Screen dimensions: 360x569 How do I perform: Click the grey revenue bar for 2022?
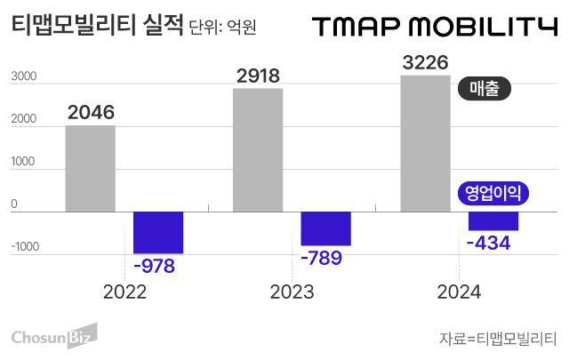[x=90, y=168]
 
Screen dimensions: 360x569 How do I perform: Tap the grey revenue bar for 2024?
[x=426, y=143]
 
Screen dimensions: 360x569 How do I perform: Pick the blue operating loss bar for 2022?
[x=158, y=232]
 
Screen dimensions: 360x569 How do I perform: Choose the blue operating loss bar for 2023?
[x=325, y=228]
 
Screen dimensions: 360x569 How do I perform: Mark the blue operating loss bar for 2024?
[x=493, y=220]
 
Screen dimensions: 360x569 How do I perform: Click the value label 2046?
[x=90, y=113]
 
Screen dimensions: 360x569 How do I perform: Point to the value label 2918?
[x=258, y=76]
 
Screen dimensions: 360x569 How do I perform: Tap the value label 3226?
[x=425, y=62]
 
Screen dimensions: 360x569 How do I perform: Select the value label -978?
[x=155, y=267]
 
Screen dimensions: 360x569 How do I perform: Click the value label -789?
[x=322, y=259]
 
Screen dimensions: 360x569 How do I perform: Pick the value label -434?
[x=489, y=243]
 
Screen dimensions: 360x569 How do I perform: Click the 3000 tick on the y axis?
[x=23, y=77]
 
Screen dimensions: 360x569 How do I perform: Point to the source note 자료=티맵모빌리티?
[x=497, y=339]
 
